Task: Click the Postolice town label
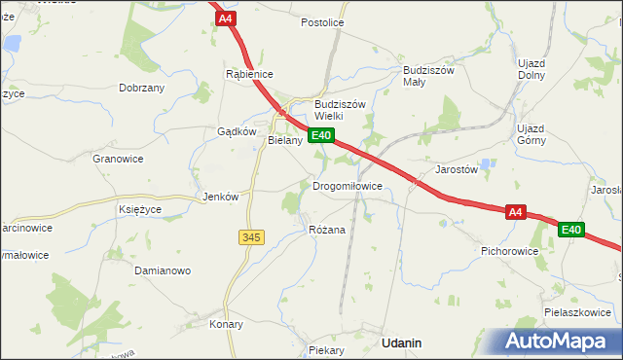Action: [322, 21]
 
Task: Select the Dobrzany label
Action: [141, 88]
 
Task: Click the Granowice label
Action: [118, 158]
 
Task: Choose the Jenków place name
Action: [219, 197]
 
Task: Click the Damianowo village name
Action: [162, 270]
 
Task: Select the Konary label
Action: [226, 324]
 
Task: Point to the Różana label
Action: [326, 230]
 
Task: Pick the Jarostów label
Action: [456, 168]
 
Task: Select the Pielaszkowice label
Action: [578, 312]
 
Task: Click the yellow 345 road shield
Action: [250, 236]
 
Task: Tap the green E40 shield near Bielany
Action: [321, 136]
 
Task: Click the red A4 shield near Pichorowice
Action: [515, 211]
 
